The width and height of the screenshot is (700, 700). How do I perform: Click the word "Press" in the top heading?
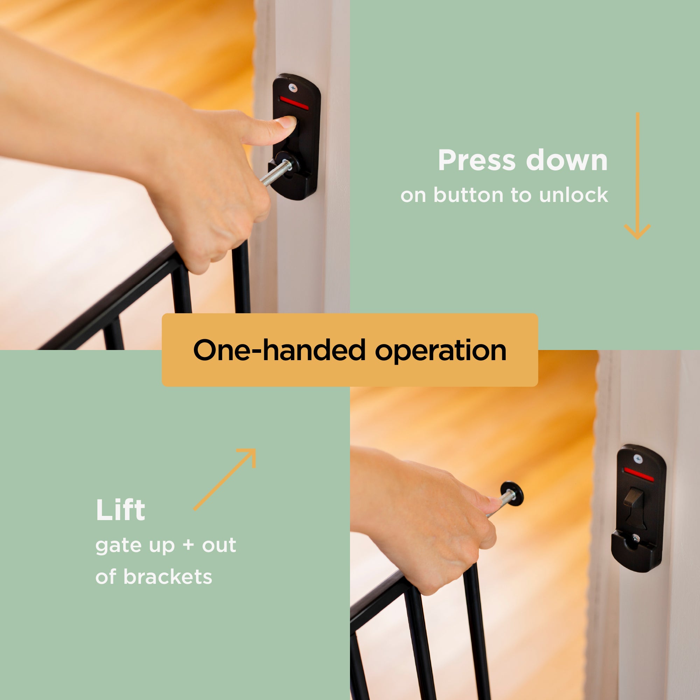pyautogui.click(x=476, y=160)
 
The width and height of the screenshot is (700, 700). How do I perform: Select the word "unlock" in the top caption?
pyautogui.click(x=574, y=195)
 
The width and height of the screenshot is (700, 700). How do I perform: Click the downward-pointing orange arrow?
pyautogui.click(x=637, y=176)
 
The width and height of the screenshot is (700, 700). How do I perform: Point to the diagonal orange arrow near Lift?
pyautogui.click(x=225, y=479)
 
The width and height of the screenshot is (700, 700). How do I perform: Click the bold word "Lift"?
pyautogui.click(x=120, y=510)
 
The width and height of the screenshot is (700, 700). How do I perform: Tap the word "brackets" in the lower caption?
pyautogui.click(x=168, y=577)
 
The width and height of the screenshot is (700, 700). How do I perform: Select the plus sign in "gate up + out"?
pyautogui.click(x=188, y=545)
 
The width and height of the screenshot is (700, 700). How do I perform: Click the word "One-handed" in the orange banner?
pyautogui.click(x=279, y=350)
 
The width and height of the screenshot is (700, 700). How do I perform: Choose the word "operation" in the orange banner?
pyautogui.click(x=441, y=351)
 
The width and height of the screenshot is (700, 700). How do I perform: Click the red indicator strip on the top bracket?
pyautogui.click(x=294, y=103)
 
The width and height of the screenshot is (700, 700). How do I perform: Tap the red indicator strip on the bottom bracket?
pyautogui.click(x=638, y=474)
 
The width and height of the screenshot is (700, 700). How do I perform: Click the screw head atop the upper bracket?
pyautogui.click(x=292, y=87)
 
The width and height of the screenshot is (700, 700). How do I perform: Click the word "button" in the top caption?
pyautogui.click(x=469, y=195)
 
